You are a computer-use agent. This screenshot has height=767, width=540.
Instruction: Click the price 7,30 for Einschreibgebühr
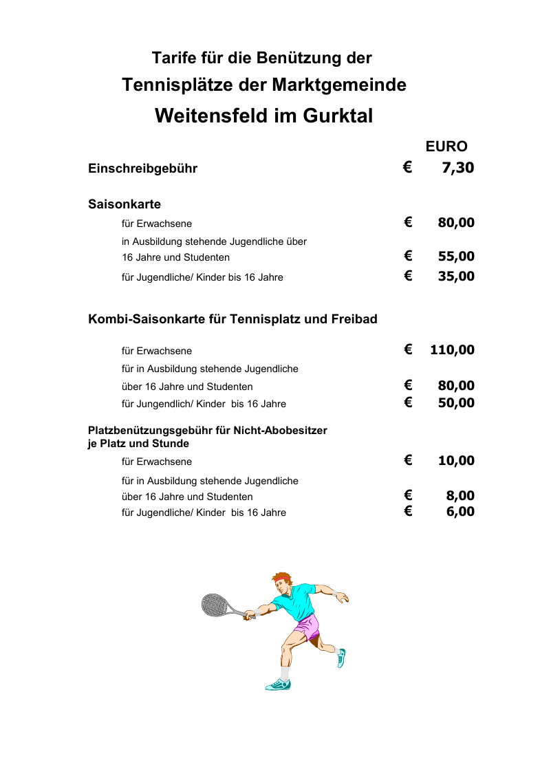tap(457, 167)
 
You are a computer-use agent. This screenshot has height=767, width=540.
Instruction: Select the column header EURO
tap(446, 147)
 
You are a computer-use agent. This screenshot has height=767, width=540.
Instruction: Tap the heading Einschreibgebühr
tap(142, 169)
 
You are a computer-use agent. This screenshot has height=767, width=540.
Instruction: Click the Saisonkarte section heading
tap(125, 204)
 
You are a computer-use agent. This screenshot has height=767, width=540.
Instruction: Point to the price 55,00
tap(456, 257)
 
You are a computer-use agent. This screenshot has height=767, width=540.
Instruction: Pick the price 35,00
tap(456, 277)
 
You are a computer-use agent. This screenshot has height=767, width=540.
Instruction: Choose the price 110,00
tap(452, 349)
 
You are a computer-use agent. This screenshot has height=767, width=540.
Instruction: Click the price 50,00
tap(456, 402)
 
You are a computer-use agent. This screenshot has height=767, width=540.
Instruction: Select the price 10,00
tap(456, 460)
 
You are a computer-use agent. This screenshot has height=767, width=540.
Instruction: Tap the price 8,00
tap(460, 496)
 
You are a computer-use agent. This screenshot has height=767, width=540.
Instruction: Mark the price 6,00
tap(460, 511)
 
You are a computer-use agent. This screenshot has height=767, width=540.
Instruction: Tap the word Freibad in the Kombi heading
tap(352, 319)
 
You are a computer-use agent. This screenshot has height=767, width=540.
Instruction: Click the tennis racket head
tap(214, 605)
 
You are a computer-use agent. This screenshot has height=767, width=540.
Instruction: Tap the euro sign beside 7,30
tap(408, 166)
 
